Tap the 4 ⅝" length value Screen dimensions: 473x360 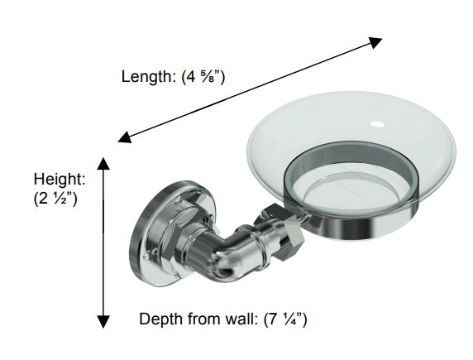click(203, 77)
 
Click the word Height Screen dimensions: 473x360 click(60, 180)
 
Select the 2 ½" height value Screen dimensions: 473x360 click(55, 199)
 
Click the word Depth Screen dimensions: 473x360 click(161, 319)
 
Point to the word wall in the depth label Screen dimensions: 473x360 click(240, 319)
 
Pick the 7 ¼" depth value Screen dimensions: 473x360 click(285, 319)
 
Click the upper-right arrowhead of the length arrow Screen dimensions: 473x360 click(376, 42)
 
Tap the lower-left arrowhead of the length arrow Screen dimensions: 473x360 click(124, 137)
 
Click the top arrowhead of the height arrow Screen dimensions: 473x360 click(103, 163)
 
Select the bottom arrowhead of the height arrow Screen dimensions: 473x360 click(103, 322)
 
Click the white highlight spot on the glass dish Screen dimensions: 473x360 click(377, 124)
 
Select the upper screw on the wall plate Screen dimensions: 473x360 click(179, 200)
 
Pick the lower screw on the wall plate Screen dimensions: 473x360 click(147, 256)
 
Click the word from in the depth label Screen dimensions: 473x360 click(204, 319)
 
